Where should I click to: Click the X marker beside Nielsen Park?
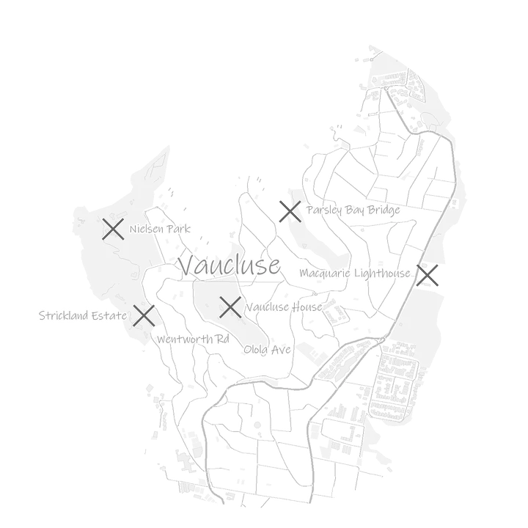(113, 229)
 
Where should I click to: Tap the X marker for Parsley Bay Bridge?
(290, 211)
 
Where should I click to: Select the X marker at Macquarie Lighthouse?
(428, 276)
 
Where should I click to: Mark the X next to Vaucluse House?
(230, 307)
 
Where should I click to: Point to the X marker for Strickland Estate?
(144, 315)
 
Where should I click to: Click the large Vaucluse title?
(230, 265)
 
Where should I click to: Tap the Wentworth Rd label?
(193, 339)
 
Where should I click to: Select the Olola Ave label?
(268, 350)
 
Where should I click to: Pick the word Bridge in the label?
(384, 210)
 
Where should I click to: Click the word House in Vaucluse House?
(307, 307)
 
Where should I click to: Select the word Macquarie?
(325, 273)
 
